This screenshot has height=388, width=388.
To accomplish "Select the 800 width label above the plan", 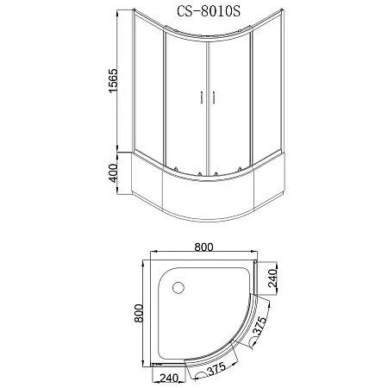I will pos(203,247).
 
